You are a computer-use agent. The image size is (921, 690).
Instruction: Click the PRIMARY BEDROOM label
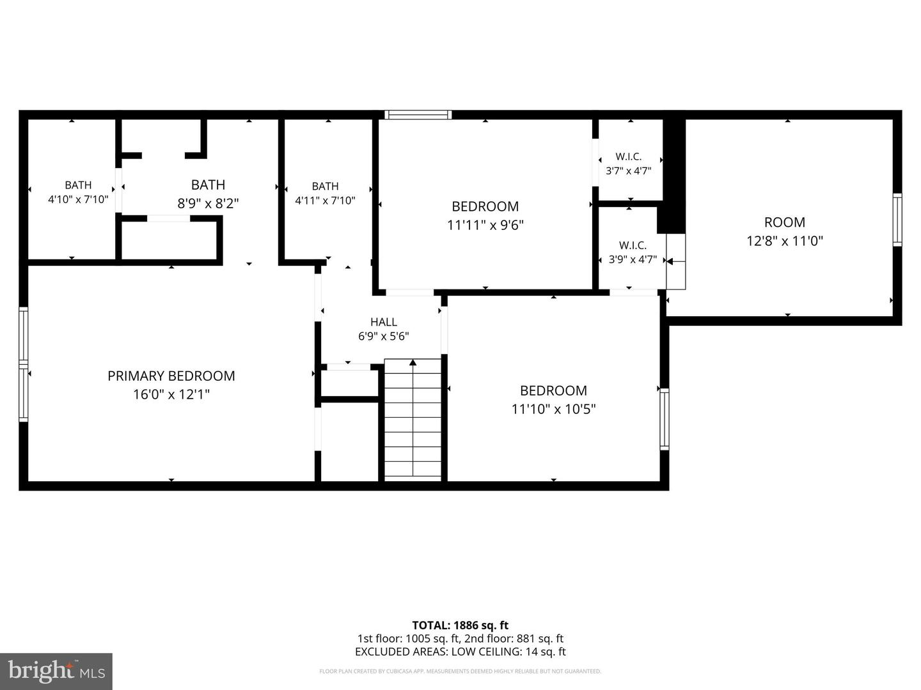(x=171, y=376)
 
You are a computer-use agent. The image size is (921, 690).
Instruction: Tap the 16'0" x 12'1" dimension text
(x=171, y=394)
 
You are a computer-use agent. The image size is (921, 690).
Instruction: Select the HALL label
(x=384, y=322)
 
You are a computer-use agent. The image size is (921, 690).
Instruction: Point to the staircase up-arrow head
(x=413, y=362)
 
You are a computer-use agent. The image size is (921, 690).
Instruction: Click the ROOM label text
(x=785, y=222)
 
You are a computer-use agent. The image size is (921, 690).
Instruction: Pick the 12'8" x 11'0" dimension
(x=785, y=241)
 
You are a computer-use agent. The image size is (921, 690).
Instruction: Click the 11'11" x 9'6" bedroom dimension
(x=485, y=225)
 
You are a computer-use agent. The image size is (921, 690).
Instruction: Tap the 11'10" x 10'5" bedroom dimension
(x=553, y=409)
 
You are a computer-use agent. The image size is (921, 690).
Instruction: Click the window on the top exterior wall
(x=418, y=115)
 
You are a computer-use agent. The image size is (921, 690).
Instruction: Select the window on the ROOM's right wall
(x=897, y=220)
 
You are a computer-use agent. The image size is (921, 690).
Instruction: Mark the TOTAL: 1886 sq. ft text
(x=460, y=625)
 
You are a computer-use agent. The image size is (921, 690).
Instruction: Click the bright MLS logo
(x=56, y=671)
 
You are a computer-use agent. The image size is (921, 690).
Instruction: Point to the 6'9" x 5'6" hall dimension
(x=384, y=337)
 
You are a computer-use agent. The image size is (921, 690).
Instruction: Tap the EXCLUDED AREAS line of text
(x=460, y=652)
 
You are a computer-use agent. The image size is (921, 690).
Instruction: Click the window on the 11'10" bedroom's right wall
(x=665, y=419)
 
